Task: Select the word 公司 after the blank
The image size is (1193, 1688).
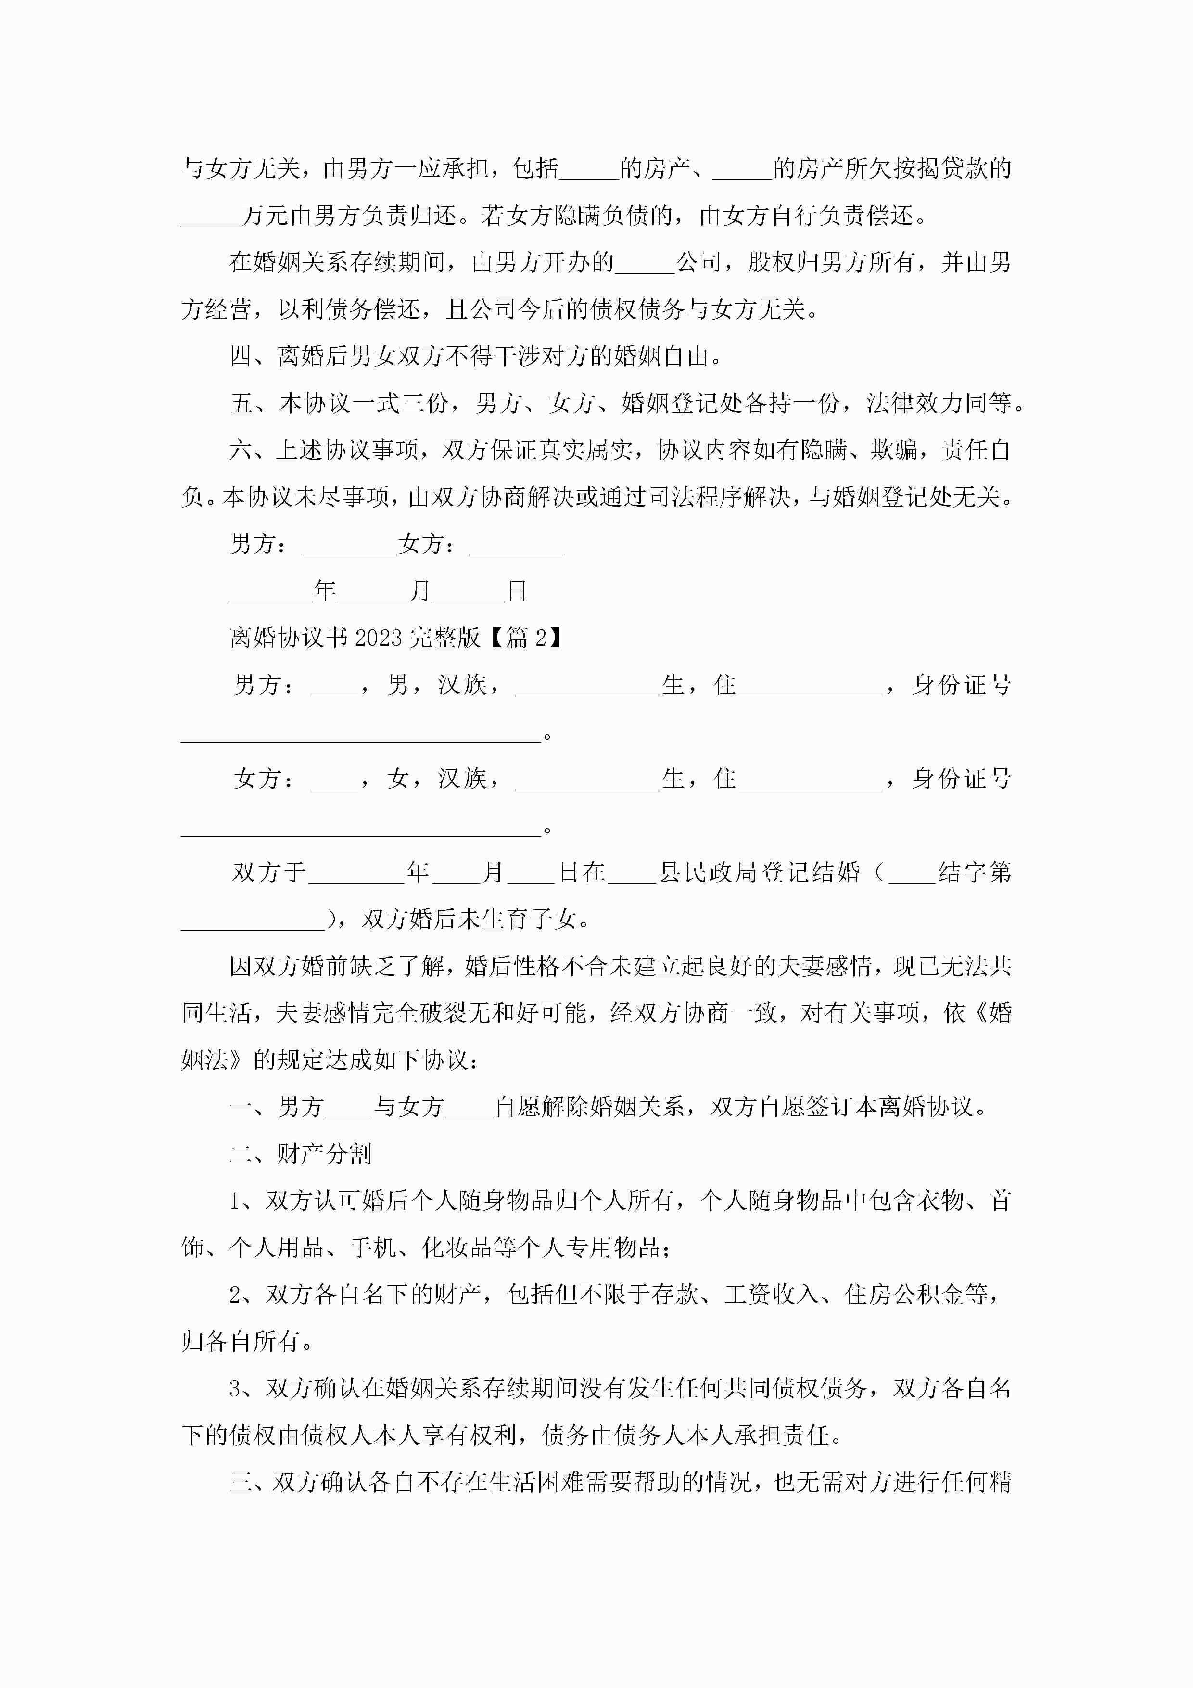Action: point(699,262)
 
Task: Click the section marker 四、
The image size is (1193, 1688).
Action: point(253,357)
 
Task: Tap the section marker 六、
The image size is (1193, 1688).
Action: point(253,450)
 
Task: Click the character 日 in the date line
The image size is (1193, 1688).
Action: point(517,591)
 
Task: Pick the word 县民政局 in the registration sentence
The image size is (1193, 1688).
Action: point(707,873)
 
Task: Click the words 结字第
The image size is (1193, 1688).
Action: point(975,873)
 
